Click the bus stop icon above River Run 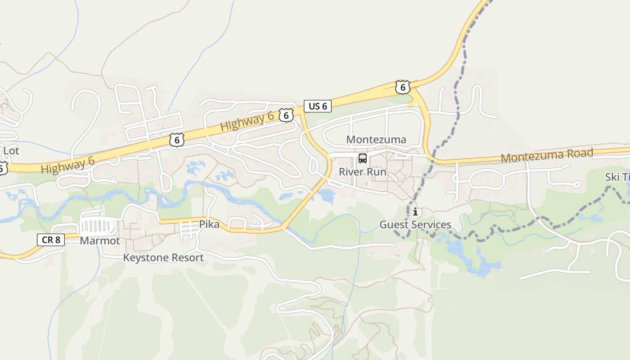coord(363,158)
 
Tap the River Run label coord(362,172)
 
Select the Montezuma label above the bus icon coord(376,139)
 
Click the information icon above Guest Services coord(415,212)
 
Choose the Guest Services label coord(415,225)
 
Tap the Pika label coord(209,224)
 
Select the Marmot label coord(100,241)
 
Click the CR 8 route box coord(51,239)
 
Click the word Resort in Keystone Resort coord(186,258)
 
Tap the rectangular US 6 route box coord(318,106)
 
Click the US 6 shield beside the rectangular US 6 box coord(286,115)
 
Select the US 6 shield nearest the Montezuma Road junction coord(402,87)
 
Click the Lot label coord(11,151)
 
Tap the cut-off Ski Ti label coord(617,177)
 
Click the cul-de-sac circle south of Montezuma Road coord(577,184)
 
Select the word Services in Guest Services coord(433,225)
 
